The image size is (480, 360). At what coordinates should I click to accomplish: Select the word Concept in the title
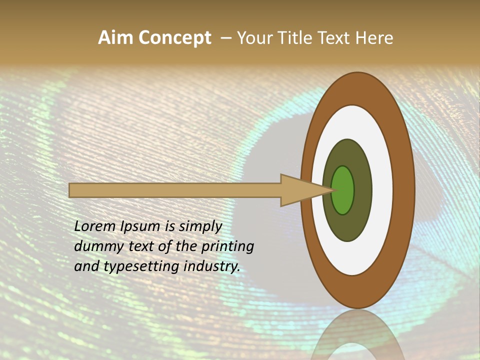coord(174,38)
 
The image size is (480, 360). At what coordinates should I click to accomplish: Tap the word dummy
coord(95,246)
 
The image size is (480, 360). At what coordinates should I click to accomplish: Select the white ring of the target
coord(382,190)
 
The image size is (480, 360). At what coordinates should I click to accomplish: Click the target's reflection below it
coord(357,335)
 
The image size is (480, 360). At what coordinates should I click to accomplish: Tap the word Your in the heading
coord(253,37)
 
